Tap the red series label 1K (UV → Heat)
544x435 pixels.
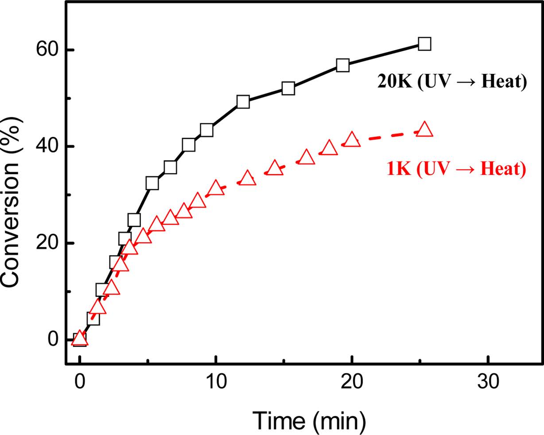click(456, 170)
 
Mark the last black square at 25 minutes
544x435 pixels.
click(424, 44)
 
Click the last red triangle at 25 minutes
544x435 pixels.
click(424, 129)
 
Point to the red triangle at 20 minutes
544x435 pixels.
click(352, 139)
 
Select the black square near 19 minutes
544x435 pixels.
click(342, 66)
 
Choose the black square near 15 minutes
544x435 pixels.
click(288, 89)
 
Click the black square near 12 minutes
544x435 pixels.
click(243, 102)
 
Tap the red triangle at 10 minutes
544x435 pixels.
click(216, 187)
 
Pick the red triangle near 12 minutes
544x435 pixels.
click(247, 178)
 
